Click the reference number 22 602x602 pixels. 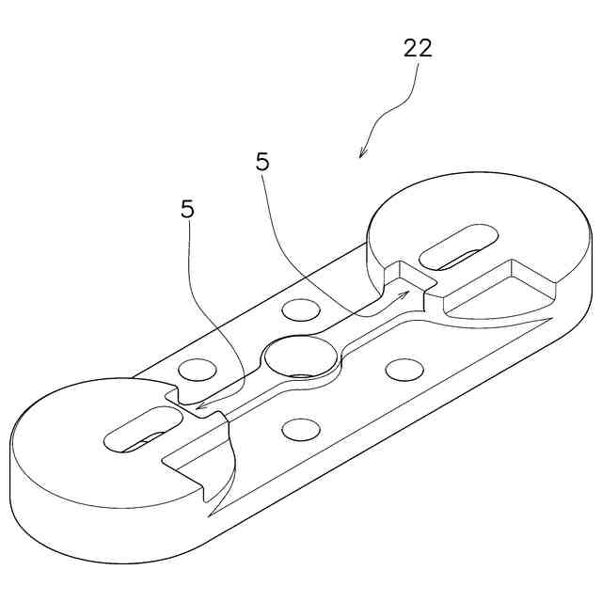coord(418,49)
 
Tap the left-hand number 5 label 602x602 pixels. coord(188,209)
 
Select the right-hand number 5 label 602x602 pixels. coord(262,162)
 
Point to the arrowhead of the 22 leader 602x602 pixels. coord(363,153)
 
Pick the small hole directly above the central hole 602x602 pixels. coord(300,309)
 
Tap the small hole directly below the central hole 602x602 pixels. coord(301,430)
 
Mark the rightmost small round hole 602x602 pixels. coord(404,371)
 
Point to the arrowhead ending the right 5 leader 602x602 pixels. coord(406,294)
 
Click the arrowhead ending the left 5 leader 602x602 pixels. coord(198,407)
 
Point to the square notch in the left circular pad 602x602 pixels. coord(179,400)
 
